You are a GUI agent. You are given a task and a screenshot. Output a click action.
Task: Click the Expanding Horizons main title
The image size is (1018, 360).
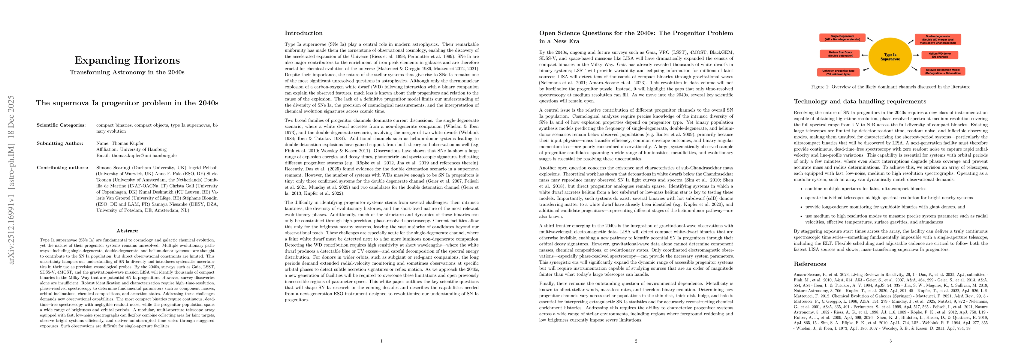coord(127,60)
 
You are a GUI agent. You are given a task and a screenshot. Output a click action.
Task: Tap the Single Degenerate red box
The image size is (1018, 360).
coord(839,38)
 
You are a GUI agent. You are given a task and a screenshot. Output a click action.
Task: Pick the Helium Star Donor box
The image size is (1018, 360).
coord(837,54)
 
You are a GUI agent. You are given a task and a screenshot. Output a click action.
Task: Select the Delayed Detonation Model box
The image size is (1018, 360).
coord(942,71)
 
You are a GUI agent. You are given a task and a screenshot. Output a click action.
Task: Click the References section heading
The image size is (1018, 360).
coord(810,264)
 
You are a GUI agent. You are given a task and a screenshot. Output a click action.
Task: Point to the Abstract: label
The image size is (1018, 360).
coord(127,231)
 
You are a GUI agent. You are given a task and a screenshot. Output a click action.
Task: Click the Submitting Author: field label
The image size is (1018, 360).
coord(60,143)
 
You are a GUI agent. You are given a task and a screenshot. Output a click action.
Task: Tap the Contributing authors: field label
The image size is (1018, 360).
coord(62,168)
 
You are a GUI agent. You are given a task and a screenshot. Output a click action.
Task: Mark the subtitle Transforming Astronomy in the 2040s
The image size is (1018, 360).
coord(127,72)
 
